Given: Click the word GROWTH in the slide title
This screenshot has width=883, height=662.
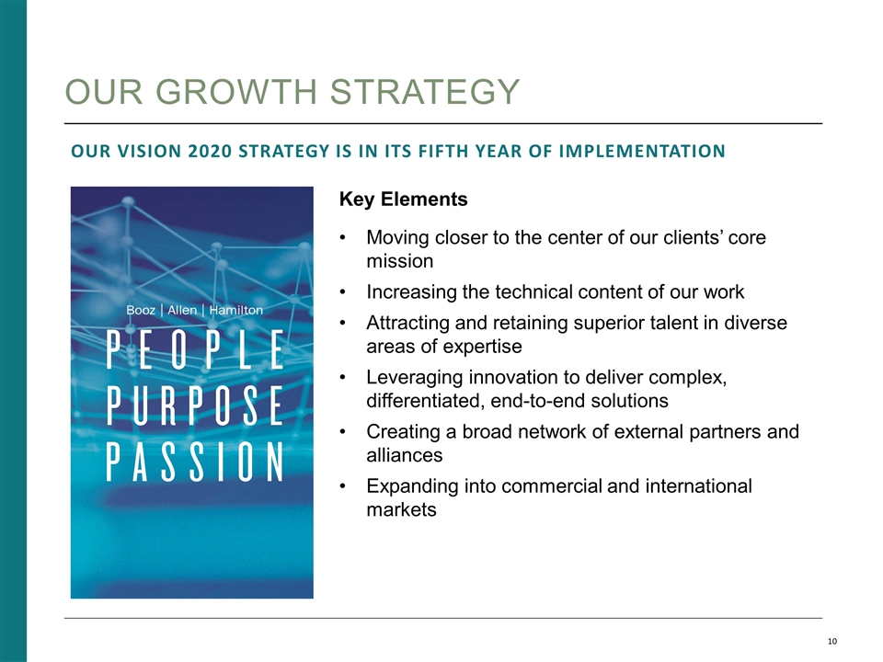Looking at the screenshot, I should click(235, 92).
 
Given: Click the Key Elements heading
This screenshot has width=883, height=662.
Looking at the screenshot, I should click(404, 200).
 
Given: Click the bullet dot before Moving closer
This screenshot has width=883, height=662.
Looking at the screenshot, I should click(344, 238).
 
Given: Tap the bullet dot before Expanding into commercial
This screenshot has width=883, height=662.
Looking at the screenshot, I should click(344, 485).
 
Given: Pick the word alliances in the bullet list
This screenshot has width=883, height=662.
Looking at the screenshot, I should click(404, 455).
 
